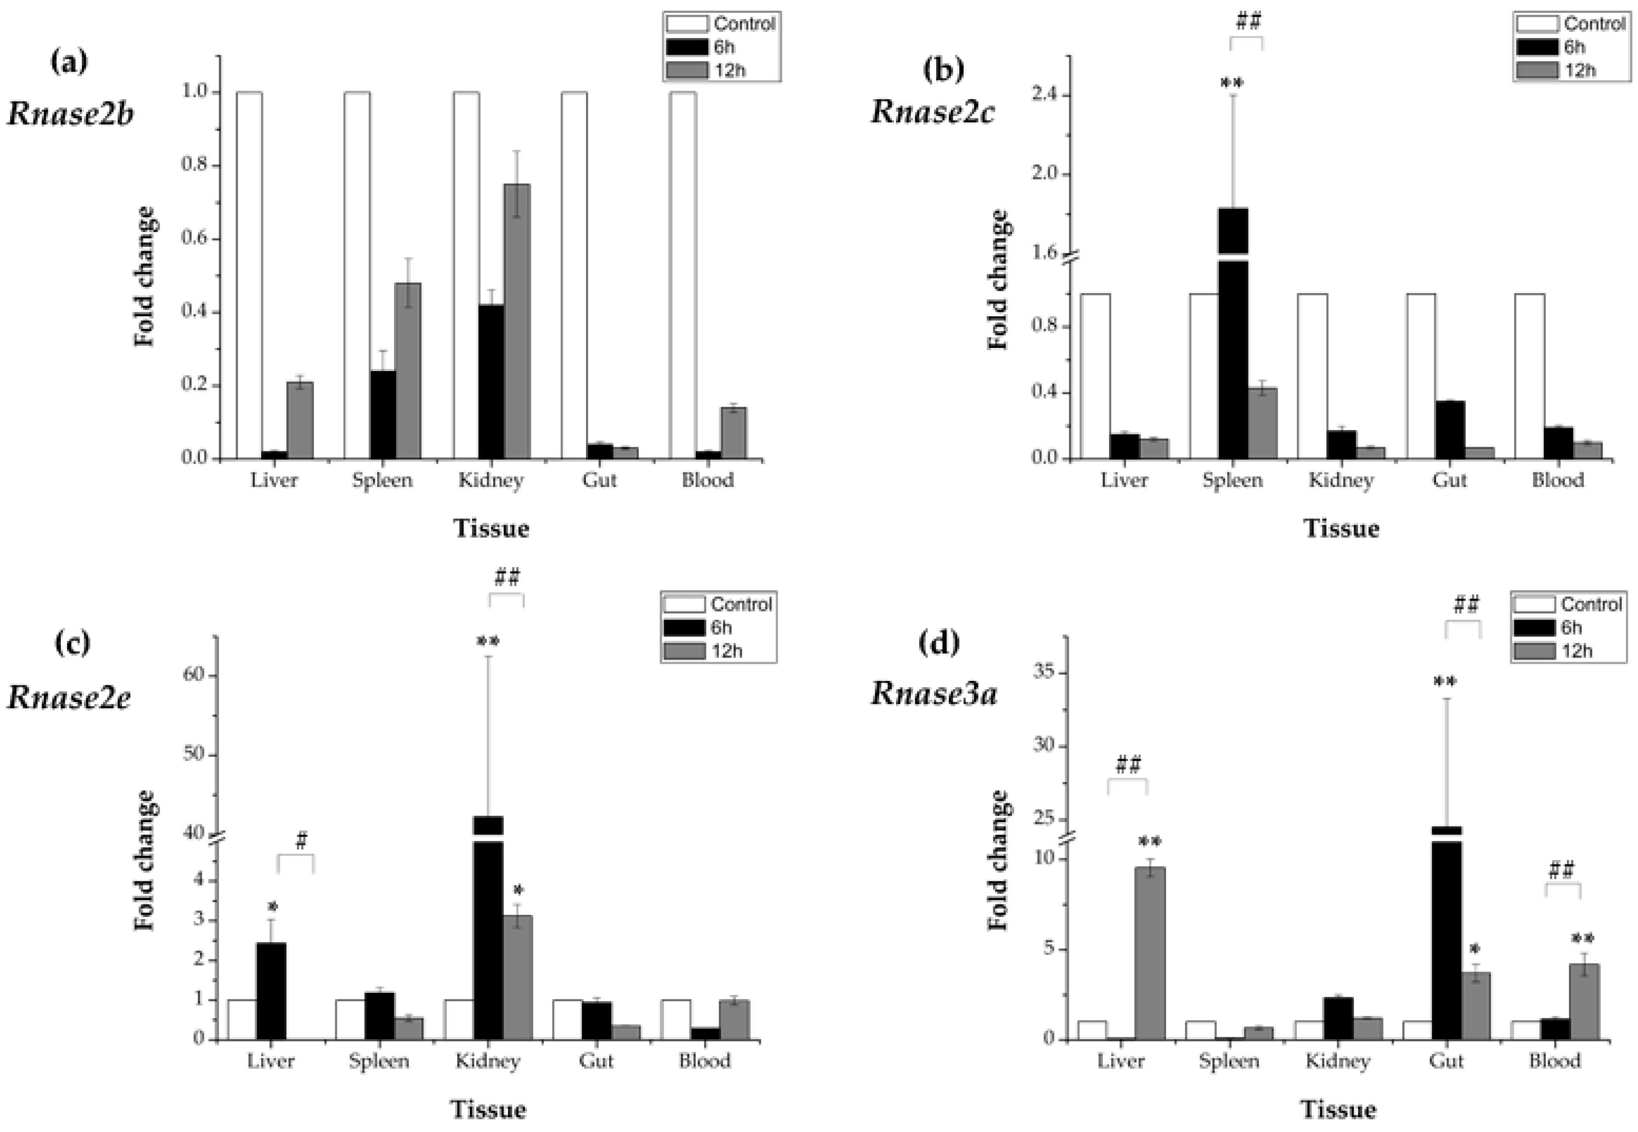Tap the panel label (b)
[x=943, y=69]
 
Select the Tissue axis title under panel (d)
[x=1338, y=1109]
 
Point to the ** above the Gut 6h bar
[x=1445, y=682]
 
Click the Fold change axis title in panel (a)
[x=144, y=277]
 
